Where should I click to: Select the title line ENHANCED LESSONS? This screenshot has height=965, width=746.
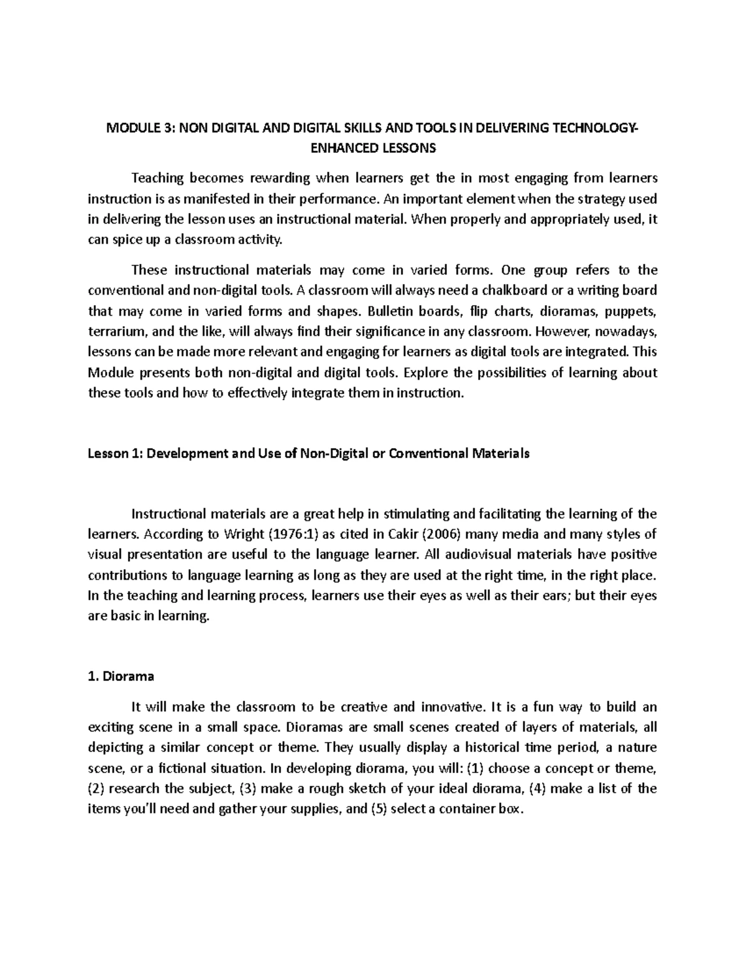click(372, 149)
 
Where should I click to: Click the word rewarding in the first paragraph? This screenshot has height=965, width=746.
click(280, 179)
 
